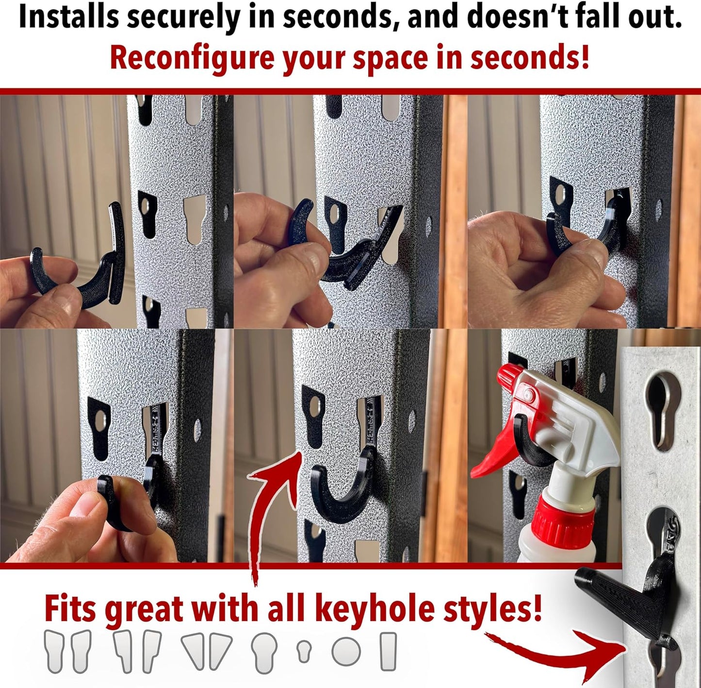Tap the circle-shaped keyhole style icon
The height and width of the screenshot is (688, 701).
(346, 651)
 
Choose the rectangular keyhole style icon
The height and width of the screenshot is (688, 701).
(388, 651)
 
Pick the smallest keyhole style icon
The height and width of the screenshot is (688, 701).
(304, 651)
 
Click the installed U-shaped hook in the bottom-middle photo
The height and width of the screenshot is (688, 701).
(340, 495)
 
